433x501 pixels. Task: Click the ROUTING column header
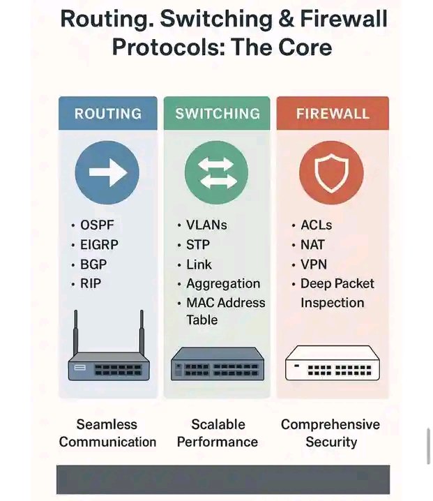pyautogui.click(x=107, y=114)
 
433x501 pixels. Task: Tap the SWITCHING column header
pyautogui.click(x=218, y=114)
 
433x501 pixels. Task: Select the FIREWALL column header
pyautogui.click(x=332, y=114)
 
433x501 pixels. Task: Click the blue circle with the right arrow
pyautogui.click(x=107, y=172)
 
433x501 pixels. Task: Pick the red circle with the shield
pyautogui.click(x=332, y=172)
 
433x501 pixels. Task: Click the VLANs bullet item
pyautogui.click(x=206, y=225)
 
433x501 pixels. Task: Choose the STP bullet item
pyautogui.click(x=197, y=245)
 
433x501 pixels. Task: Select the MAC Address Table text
pyautogui.click(x=225, y=311)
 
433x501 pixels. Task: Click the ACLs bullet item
pyautogui.click(x=315, y=225)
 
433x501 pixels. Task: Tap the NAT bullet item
pyautogui.click(x=312, y=245)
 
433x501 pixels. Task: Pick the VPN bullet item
pyautogui.click(x=312, y=264)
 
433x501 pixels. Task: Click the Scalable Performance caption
pyautogui.click(x=218, y=433)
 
